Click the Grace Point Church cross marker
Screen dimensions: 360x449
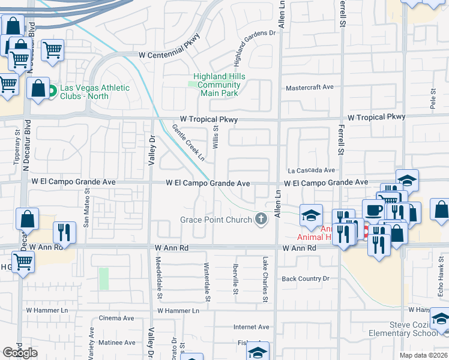(x=261, y=220)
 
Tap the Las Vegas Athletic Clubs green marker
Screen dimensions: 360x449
(x=52, y=92)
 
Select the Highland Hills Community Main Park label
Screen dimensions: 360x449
(x=216, y=85)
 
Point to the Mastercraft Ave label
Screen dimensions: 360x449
(x=309, y=87)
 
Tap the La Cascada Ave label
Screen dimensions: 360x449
(x=311, y=170)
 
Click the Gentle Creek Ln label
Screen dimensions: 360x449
(x=188, y=143)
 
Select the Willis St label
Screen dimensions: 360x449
(x=215, y=137)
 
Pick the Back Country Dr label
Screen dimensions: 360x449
(x=306, y=278)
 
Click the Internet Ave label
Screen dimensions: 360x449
(x=251, y=327)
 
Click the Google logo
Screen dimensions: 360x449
(x=20, y=353)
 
